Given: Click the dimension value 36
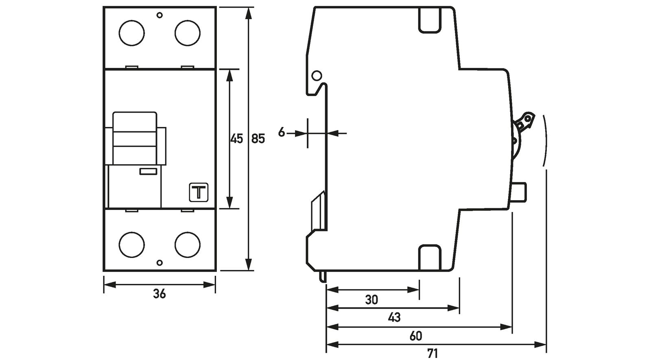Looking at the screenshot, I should click(x=159, y=294).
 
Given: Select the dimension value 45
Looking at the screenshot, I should click(x=236, y=139).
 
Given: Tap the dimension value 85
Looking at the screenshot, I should click(x=258, y=139).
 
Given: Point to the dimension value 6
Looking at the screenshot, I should click(x=282, y=133).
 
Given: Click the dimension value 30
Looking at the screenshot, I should click(x=371, y=300).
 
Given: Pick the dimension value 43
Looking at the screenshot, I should click(x=394, y=317).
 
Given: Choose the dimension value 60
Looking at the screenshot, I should click(x=416, y=336).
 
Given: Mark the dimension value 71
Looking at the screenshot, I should click(x=433, y=353).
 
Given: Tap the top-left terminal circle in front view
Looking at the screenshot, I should click(x=131, y=33).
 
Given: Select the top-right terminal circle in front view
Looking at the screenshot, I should click(x=188, y=33).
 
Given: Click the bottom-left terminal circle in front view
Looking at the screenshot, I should click(x=131, y=244).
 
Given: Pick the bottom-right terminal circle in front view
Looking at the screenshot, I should click(x=188, y=244).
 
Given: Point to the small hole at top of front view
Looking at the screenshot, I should click(x=159, y=15).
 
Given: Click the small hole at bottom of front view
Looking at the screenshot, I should click(x=159, y=263).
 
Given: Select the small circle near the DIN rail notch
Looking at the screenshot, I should click(x=317, y=76).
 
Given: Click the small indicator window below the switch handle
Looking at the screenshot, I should click(x=148, y=172).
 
